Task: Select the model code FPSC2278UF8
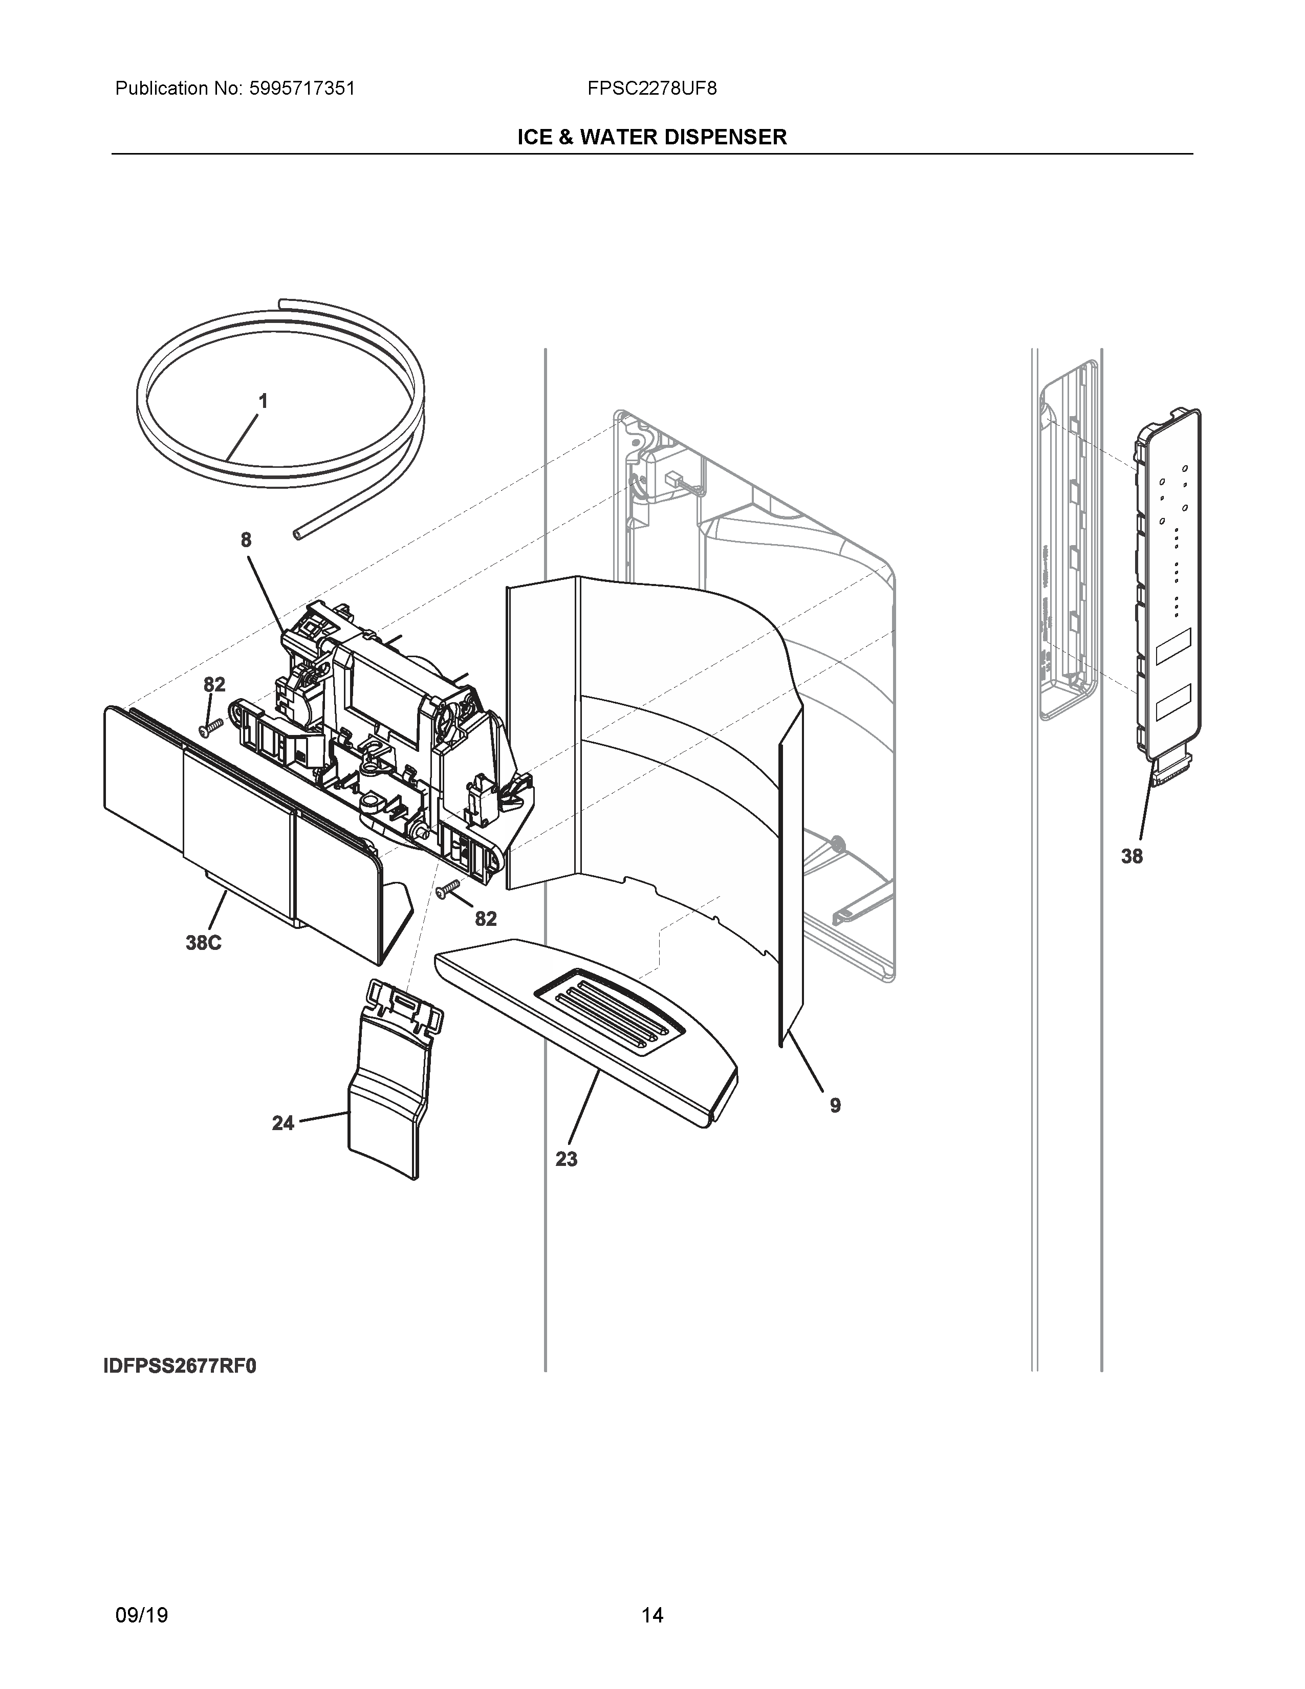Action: pyautogui.click(x=651, y=89)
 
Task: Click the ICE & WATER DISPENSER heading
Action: pyautogui.click(x=651, y=138)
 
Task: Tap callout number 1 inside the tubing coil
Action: pyautogui.click(x=263, y=401)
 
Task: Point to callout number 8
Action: pyautogui.click(x=246, y=540)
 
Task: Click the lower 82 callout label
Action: pyautogui.click(x=486, y=918)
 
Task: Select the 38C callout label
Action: pyautogui.click(x=203, y=943)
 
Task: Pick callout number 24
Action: pyautogui.click(x=283, y=1123)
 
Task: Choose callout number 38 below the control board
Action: pyautogui.click(x=1132, y=856)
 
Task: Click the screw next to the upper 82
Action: pyautogui.click(x=211, y=727)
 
